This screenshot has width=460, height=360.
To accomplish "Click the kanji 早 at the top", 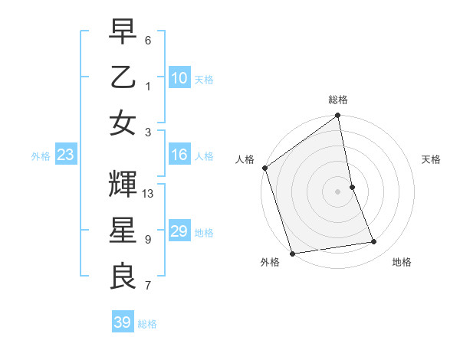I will (123, 31).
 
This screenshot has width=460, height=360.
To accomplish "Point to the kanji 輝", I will (123, 185).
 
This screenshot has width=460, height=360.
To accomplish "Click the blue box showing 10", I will (179, 78).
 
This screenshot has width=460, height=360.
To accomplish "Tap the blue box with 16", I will (179, 155).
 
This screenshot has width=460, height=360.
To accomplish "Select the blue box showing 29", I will (179, 231).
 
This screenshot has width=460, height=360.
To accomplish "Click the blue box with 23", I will (65, 155).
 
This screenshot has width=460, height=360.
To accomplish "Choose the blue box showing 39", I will (122, 322).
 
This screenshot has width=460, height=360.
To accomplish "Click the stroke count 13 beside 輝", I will (149, 194).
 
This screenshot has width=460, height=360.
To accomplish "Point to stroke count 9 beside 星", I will (148, 239).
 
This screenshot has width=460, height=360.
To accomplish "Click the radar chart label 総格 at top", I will (338, 100).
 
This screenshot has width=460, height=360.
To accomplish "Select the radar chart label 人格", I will (245, 159).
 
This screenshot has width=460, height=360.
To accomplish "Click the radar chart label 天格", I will (431, 159).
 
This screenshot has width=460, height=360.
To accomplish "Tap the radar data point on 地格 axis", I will (374, 242).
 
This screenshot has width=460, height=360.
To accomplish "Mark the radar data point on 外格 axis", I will (292, 254).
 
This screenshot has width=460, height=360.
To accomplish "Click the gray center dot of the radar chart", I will (338, 191).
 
